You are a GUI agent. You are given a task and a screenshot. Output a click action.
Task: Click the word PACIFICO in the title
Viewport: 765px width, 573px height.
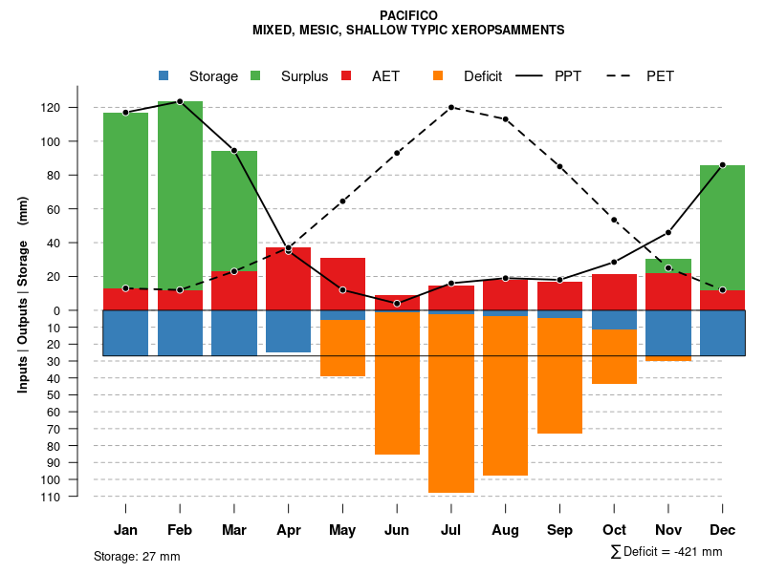coord(408,15)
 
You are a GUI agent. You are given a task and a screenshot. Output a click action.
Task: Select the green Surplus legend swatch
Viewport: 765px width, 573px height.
coord(255,75)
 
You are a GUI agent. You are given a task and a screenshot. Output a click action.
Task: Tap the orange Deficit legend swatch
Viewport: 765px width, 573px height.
coord(438,75)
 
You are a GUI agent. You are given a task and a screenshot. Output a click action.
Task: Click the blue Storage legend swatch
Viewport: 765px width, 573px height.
coord(164,75)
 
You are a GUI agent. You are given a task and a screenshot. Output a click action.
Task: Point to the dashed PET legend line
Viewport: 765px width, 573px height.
coord(623,75)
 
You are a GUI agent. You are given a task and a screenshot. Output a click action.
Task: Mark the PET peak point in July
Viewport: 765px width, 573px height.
coord(451,107)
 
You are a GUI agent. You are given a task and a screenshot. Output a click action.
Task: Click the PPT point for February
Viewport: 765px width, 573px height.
coord(180,101)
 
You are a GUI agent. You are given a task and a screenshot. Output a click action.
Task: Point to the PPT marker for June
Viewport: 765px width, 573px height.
coord(397,304)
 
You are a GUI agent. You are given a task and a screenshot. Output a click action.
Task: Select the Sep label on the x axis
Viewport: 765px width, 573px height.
coord(560,530)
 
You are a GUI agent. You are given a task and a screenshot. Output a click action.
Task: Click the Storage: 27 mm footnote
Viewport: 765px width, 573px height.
coord(137,556)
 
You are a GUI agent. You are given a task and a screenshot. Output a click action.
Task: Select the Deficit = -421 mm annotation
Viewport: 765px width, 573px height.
coord(667,552)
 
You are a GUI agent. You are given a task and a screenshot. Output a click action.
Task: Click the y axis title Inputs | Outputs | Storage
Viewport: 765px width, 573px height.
coord(23,302)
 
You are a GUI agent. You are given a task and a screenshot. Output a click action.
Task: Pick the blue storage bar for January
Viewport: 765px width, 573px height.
coord(125,332)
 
